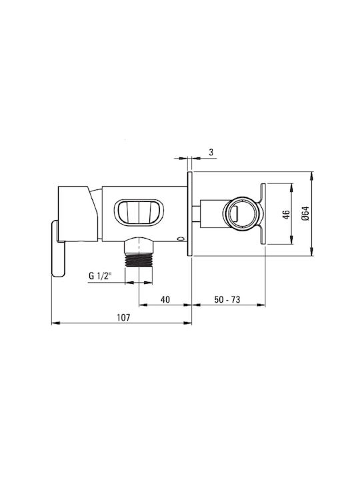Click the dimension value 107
point(123,317)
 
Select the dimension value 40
point(165,299)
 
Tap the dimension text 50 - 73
point(227,299)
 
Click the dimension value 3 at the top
point(211,152)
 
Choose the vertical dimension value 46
point(286,215)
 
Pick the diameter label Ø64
point(305,213)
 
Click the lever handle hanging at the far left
point(58,249)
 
